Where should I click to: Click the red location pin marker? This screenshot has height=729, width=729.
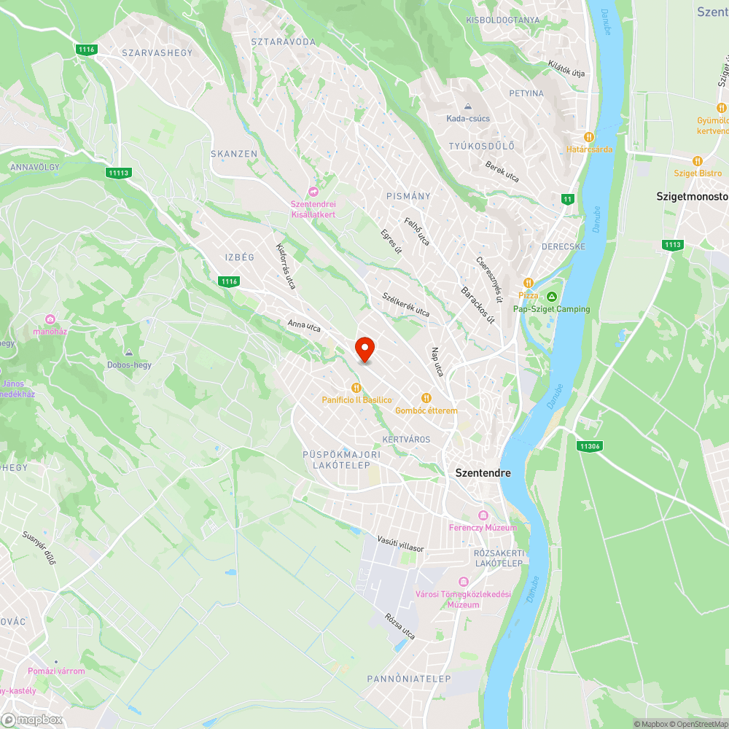tap(364, 349)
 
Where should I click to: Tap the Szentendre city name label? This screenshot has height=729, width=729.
tap(483, 472)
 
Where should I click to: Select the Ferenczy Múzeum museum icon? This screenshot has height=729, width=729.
tap(483, 515)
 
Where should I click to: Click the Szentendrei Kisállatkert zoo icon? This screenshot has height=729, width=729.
tap(313, 192)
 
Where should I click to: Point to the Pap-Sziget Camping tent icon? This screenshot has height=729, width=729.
tap(552, 296)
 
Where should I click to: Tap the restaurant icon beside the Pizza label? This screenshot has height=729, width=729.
tap(529, 283)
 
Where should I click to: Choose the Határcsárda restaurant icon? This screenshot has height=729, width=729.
tap(589, 136)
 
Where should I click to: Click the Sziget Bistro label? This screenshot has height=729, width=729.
tap(697, 174)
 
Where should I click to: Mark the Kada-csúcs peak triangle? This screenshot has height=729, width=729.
tap(468, 106)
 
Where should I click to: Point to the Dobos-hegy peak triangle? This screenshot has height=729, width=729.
tap(129, 353)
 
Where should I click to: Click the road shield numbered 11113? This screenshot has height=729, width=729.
tap(117, 173)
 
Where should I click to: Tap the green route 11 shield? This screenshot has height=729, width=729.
tap(568, 199)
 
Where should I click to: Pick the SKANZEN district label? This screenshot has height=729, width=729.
tap(234, 154)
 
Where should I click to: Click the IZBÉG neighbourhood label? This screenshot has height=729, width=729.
tap(239, 257)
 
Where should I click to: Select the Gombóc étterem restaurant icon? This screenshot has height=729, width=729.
tap(426, 398)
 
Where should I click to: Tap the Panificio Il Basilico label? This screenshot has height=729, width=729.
tap(357, 400)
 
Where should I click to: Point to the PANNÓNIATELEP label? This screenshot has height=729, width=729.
tap(409, 679)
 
